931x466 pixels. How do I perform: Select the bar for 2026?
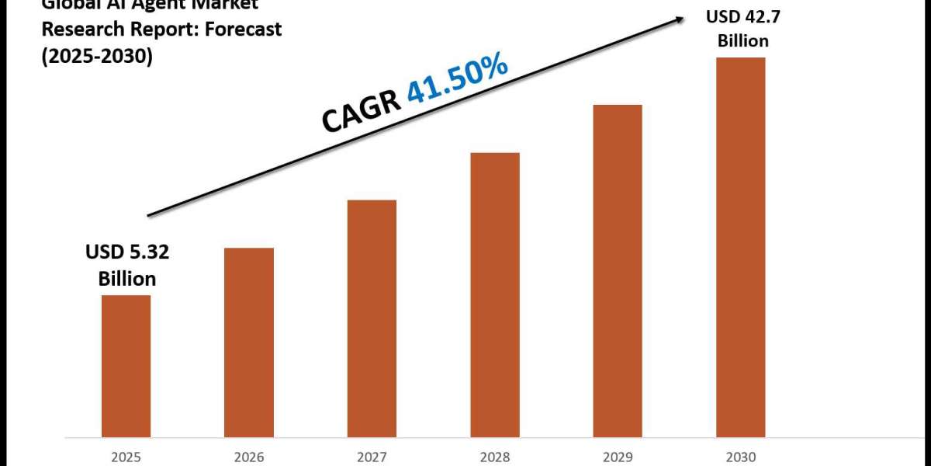(249, 342)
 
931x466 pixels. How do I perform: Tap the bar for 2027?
(372, 318)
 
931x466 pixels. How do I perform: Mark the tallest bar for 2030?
(740, 246)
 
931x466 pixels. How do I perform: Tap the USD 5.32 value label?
(127, 252)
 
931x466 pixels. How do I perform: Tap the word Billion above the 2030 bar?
(742, 40)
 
